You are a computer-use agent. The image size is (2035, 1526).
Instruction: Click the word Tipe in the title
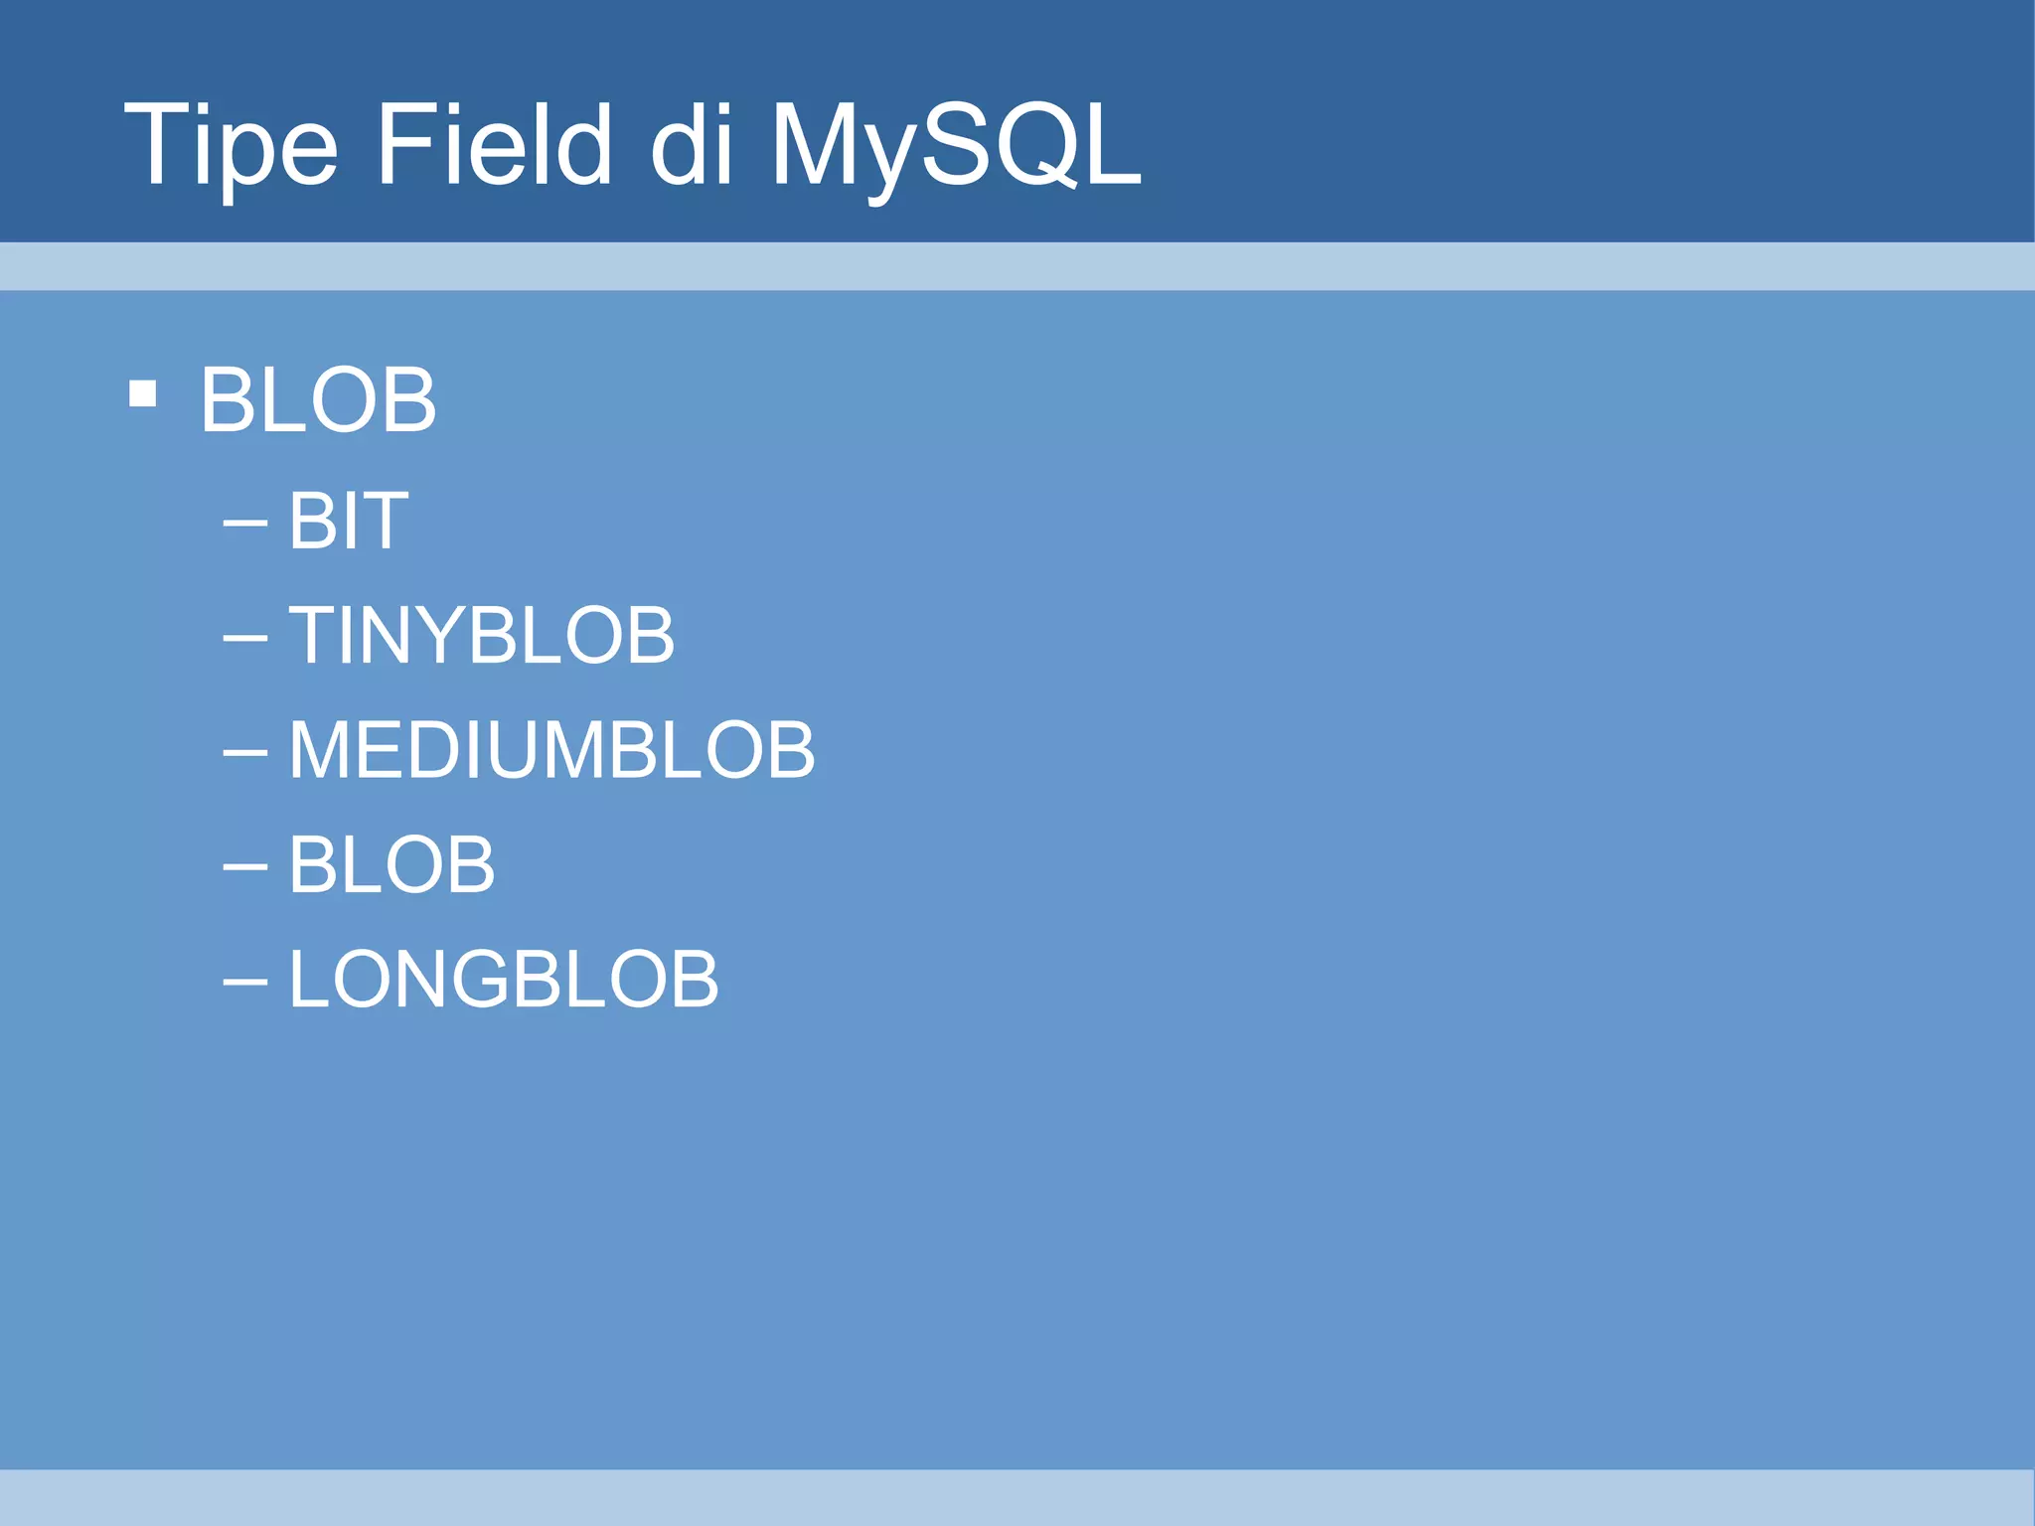(x=232, y=146)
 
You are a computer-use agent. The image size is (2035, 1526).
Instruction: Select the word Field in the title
(x=494, y=146)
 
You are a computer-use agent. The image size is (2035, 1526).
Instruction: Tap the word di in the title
(x=692, y=146)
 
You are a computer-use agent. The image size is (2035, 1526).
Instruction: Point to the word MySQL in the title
(x=955, y=146)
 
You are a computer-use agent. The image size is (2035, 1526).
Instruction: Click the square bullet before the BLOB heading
(x=143, y=394)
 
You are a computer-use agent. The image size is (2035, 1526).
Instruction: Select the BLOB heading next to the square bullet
(x=318, y=400)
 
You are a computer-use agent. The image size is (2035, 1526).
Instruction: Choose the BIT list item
(x=348, y=521)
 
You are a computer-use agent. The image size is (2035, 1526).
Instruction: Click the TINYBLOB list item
(x=482, y=636)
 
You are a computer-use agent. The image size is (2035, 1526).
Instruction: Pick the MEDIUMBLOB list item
(x=552, y=750)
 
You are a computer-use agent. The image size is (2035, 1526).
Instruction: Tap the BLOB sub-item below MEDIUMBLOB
(x=392, y=864)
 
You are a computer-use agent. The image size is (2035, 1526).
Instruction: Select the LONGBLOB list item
(x=504, y=980)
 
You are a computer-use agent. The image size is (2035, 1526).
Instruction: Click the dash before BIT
(x=245, y=521)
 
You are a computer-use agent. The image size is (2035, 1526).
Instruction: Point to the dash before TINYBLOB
(x=245, y=636)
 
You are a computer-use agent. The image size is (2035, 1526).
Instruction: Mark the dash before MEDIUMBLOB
(x=245, y=751)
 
